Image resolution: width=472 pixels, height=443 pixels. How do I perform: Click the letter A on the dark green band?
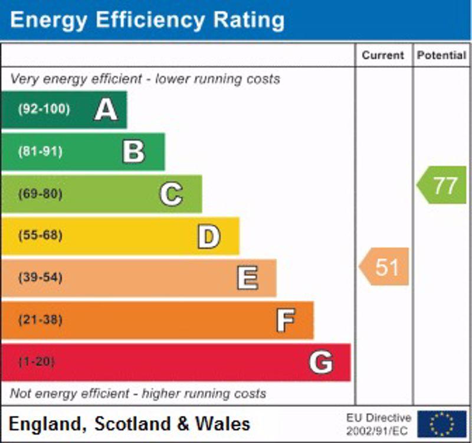(x=106, y=109)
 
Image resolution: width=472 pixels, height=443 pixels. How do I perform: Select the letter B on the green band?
(x=133, y=152)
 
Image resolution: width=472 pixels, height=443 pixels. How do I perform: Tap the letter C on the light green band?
(x=171, y=194)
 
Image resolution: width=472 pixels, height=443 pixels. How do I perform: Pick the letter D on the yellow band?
(x=208, y=236)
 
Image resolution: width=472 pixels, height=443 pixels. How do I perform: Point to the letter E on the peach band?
(x=247, y=278)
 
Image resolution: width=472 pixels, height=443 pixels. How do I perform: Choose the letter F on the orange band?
(x=285, y=320)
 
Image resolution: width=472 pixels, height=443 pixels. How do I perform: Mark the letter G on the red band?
(x=321, y=362)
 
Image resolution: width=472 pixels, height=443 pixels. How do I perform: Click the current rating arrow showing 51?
(x=385, y=267)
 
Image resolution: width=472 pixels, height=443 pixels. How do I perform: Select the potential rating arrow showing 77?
(x=442, y=185)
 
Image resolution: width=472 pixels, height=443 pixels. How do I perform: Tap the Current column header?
(x=383, y=56)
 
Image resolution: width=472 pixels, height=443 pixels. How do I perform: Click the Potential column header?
(x=441, y=56)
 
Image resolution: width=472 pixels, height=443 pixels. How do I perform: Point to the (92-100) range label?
(x=44, y=109)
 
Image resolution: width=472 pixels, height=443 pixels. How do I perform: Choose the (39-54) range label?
(x=40, y=278)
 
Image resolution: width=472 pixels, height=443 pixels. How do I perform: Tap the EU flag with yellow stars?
(x=442, y=424)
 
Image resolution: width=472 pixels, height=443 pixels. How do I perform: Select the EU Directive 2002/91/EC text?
(x=378, y=424)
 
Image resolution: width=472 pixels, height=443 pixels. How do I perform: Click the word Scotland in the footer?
(x=126, y=424)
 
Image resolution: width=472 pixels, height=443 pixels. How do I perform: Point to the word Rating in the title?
(x=240, y=20)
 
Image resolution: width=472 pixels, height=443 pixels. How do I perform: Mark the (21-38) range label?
(x=40, y=320)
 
